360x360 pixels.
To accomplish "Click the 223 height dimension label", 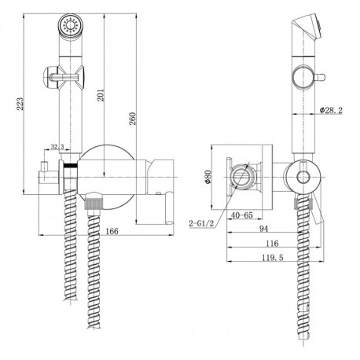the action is [20, 104].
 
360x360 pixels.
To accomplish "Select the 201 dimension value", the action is [101, 95].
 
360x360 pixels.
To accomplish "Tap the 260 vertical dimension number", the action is [133, 119].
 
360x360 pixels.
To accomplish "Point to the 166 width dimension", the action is [112, 231].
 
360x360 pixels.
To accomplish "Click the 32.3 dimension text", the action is [57, 147].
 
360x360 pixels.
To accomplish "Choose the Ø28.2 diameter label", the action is [331, 110].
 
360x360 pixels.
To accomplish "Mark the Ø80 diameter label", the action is [208, 177].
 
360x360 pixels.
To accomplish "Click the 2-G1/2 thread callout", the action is [201, 223].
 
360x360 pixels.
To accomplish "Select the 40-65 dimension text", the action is [241, 215].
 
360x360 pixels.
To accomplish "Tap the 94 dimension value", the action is [264, 229].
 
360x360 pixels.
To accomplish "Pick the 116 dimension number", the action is [272, 244].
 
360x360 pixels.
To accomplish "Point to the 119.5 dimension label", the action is [273, 258].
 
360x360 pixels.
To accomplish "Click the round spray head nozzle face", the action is [71, 26].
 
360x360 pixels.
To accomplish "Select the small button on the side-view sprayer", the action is [320, 78].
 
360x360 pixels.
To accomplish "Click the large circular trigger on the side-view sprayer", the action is [303, 77].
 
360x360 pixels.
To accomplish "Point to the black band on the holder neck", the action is [71, 165].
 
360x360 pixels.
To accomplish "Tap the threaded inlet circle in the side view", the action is [241, 177].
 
